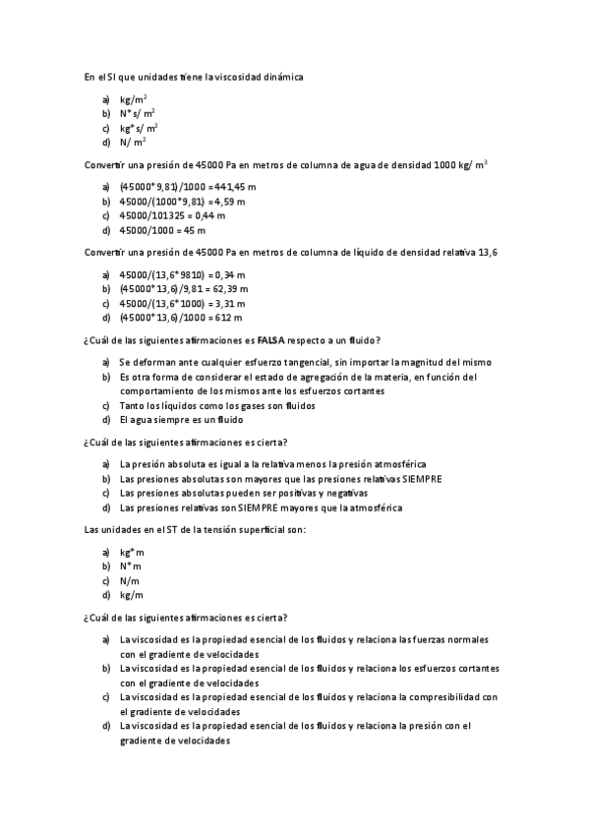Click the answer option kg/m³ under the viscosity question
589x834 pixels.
pyautogui.click(x=134, y=99)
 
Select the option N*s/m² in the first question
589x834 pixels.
pyautogui.click(x=137, y=113)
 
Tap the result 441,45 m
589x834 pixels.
pyautogui.click(x=234, y=187)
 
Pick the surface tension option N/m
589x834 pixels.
pyautogui.click(x=130, y=580)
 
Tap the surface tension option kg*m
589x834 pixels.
pyautogui.click(x=132, y=553)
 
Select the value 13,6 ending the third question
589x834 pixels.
pyautogui.click(x=488, y=253)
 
